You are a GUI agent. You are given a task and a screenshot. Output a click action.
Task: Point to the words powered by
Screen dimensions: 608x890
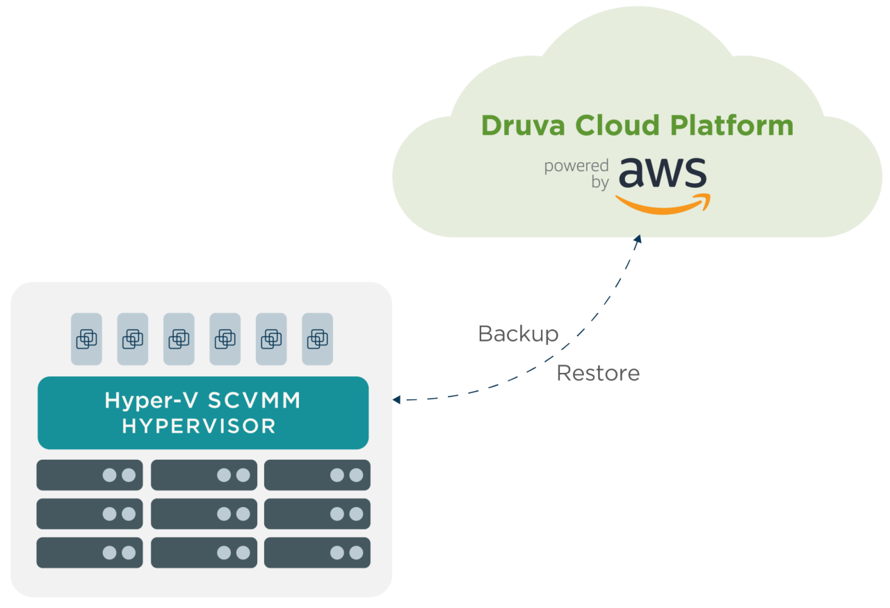point(576,174)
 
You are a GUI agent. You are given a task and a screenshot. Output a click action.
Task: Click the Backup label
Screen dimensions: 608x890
point(518,334)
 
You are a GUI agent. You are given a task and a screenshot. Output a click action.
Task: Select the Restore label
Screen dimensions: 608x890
point(598,374)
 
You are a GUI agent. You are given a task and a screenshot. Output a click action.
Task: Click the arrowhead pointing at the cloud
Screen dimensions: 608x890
point(637,240)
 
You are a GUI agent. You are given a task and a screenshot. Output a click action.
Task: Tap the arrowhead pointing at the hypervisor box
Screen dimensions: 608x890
point(396,399)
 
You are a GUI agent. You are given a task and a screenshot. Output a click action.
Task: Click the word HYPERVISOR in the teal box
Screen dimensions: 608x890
point(199,426)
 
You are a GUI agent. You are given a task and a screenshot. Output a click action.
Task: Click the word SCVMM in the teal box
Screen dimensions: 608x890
point(254,400)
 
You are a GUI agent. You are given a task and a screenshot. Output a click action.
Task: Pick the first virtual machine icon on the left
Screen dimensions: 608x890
point(86,339)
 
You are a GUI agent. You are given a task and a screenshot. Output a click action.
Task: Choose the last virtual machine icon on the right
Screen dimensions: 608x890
point(317,339)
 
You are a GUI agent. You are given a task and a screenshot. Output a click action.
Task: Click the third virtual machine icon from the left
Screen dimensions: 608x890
point(179,339)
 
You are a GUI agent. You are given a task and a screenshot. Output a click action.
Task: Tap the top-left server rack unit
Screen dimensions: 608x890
point(90,475)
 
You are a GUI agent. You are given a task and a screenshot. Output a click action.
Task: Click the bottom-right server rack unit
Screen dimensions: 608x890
point(317,553)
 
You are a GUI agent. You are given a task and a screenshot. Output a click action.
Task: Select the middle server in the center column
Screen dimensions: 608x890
point(204,514)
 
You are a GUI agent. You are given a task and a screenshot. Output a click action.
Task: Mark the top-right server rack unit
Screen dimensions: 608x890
point(317,475)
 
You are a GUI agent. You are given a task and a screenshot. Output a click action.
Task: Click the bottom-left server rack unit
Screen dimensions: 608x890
point(90,553)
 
